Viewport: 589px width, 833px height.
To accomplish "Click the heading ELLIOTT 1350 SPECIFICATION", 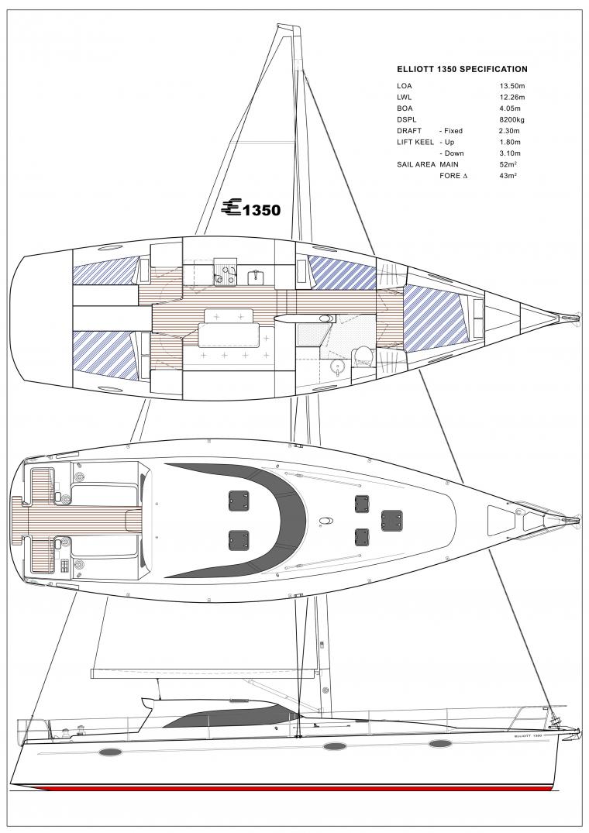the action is (x=462, y=69).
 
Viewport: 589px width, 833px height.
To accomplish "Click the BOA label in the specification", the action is (x=405, y=108).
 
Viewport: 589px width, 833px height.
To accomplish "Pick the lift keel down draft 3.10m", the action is (x=510, y=153).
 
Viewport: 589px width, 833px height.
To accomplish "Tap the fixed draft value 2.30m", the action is (x=510, y=131).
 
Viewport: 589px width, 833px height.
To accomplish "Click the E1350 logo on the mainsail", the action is (x=250, y=208).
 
